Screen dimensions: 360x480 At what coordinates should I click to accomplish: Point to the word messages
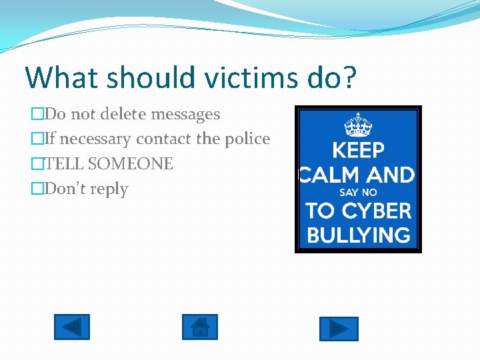tap(185, 115)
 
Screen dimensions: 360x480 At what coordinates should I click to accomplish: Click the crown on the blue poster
tap(358, 125)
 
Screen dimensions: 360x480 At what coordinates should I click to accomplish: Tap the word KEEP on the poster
tap(358, 150)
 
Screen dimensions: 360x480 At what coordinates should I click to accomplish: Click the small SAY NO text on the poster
tap(358, 192)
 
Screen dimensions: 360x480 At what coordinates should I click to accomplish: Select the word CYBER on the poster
tap(377, 211)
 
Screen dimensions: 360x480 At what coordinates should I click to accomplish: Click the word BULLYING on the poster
tap(358, 235)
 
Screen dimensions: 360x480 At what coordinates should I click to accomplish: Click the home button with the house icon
tap(200, 327)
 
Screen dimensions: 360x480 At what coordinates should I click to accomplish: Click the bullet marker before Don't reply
tap(37, 189)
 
